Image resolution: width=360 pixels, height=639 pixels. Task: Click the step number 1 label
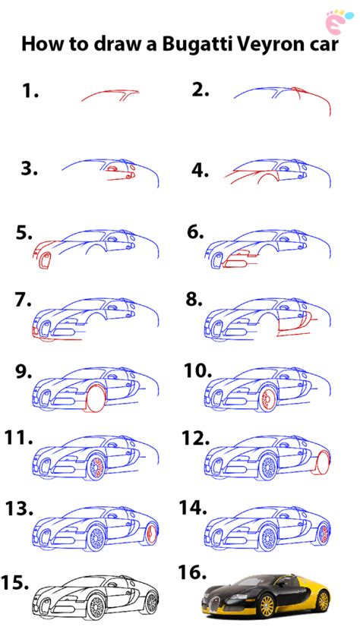(x=30, y=92)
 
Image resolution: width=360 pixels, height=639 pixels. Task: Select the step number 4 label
(x=200, y=171)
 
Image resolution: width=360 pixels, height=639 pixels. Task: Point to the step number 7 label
(x=23, y=300)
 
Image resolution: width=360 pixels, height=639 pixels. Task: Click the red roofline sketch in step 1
(x=110, y=96)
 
